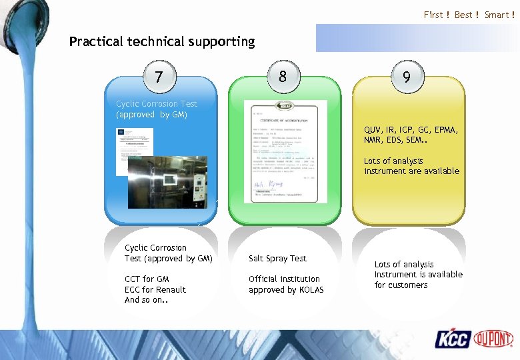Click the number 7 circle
159,77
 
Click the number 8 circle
283,77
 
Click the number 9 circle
406,77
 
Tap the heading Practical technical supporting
162,41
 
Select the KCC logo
453,339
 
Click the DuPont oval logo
493,339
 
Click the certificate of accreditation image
285,151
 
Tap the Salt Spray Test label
277,258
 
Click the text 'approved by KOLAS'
286,290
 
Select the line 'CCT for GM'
147,279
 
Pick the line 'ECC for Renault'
155,290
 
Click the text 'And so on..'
145,300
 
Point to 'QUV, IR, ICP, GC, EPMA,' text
411,130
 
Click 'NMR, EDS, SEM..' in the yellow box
397,140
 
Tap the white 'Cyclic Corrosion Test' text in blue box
157,104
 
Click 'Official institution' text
284,279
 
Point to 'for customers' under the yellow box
401,285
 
